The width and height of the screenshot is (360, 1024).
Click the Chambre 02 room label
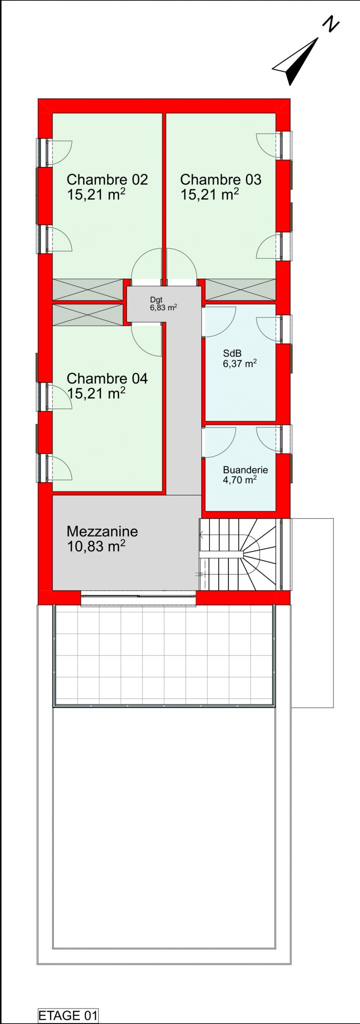pos(107,180)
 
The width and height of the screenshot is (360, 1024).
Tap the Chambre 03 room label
pos(221,180)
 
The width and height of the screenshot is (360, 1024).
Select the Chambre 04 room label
pos(107,378)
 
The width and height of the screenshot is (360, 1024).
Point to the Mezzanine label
pos(102,531)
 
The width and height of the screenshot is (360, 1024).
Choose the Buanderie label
pos(245,470)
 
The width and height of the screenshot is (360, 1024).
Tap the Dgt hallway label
pos(156,300)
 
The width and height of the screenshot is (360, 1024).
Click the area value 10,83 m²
pos(96,546)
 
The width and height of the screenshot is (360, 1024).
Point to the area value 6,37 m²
pos(240,364)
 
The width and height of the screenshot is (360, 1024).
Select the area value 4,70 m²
pos(240,480)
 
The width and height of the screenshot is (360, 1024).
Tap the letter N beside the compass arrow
pos(331,24)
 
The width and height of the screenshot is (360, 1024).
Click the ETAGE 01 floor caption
pos(68,1015)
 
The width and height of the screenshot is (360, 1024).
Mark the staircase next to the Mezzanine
pos(240,554)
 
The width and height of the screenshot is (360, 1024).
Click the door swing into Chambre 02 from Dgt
pos(146,264)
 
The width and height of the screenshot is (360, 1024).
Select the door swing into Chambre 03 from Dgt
pos(182,264)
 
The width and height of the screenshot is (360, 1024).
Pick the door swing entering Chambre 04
pos(147,340)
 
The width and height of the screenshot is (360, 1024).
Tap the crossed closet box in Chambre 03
pos(241,290)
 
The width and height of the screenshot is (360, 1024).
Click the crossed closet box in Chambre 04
pos(88,315)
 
